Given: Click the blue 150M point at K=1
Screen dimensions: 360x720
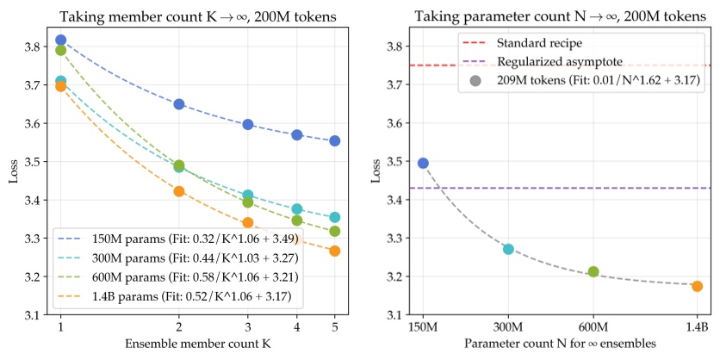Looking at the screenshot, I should pyautogui.click(x=60, y=40).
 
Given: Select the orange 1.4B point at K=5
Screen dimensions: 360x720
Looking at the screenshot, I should pyautogui.click(x=335, y=251).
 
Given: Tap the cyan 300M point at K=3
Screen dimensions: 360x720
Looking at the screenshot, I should pyautogui.click(x=248, y=196).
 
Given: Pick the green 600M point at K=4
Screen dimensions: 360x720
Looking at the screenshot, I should pyautogui.click(x=297, y=220).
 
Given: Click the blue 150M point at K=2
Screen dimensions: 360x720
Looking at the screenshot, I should pyautogui.click(x=179, y=104).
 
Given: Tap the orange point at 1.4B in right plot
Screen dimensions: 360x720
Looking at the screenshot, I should pyautogui.click(x=697, y=286).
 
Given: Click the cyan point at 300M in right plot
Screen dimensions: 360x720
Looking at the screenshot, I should pyautogui.click(x=508, y=249).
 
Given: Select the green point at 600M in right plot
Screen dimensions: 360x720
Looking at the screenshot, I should pyautogui.click(x=593, y=271).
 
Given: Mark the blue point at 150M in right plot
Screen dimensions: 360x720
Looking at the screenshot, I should pyautogui.click(x=423, y=163).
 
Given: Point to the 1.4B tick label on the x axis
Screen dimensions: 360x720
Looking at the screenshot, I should pyautogui.click(x=697, y=327).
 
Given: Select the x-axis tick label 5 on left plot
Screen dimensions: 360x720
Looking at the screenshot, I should pyautogui.click(x=335, y=327).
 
